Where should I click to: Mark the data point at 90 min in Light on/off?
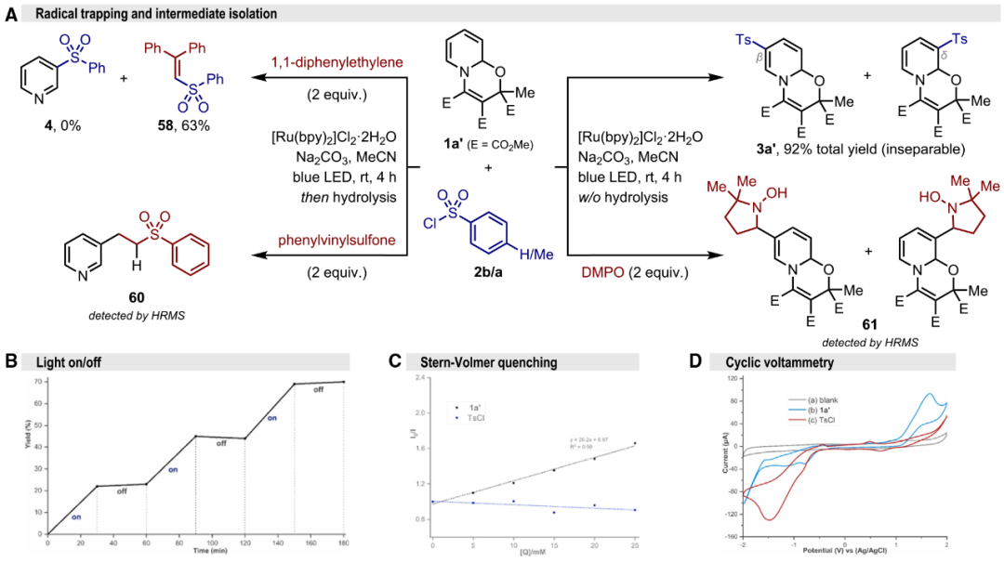point(194,437)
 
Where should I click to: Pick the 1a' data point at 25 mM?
point(634,443)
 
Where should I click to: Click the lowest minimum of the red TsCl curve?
point(771,519)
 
